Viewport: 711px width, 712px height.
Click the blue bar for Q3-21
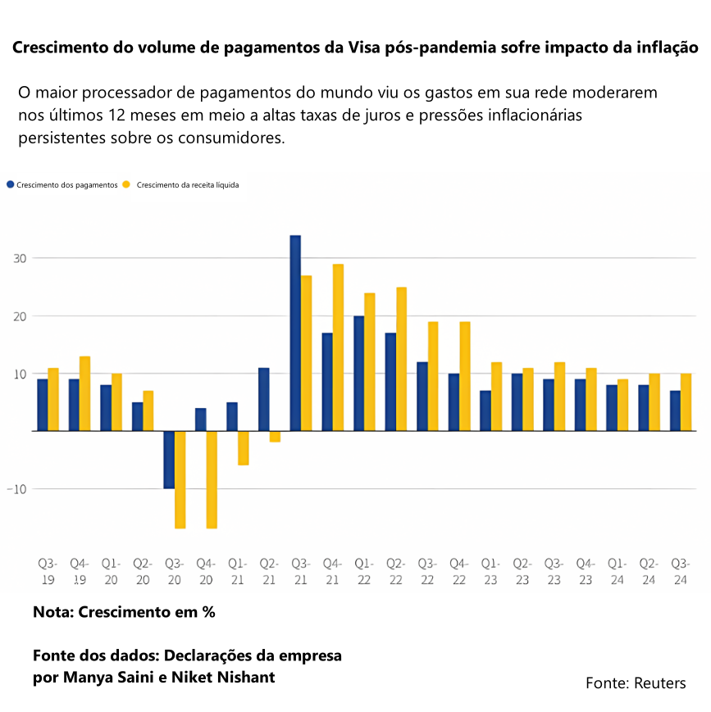pos(295,333)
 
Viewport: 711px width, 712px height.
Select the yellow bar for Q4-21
pos(338,347)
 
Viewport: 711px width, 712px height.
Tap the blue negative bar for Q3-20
pos(169,460)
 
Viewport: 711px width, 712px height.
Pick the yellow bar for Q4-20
pos(212,479)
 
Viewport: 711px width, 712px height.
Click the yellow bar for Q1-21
pos(243,448)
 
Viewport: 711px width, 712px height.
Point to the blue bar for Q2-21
pos(264,399)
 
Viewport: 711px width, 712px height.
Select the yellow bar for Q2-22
pos(401,359)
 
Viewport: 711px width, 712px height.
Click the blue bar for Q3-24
pos(675,410)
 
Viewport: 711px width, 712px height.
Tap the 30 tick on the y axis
pos(20,258)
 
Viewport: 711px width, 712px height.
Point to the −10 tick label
pos(17,489)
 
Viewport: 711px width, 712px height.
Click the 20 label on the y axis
pos(20,316)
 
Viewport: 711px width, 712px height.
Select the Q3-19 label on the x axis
pos(48,571)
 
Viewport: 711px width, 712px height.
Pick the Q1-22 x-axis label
pos(364,571)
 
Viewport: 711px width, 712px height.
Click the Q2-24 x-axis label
pos(649,571)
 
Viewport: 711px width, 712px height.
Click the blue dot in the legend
pos(10,184)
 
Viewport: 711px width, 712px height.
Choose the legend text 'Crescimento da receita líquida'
pos(188,185)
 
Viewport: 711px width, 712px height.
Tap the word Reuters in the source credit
pos(660,683)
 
